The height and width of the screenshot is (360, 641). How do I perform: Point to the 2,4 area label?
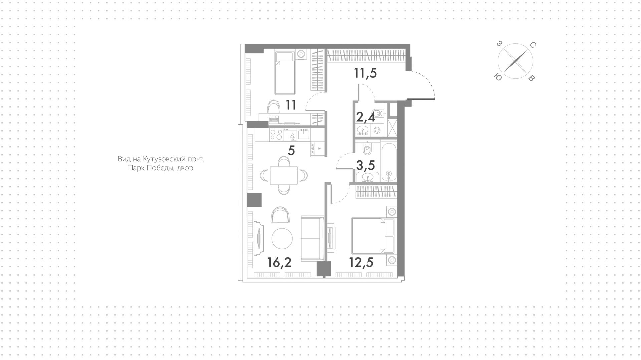click(366, 117)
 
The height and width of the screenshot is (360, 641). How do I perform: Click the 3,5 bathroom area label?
click(366, 165)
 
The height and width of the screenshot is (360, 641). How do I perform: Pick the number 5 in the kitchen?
click(291, 151)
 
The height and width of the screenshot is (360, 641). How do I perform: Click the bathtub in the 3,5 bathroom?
click(389, 162)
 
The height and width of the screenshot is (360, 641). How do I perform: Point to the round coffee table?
click(282, 239)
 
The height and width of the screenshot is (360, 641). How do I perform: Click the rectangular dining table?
click(284, 175)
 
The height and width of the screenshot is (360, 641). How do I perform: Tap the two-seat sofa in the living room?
click(312, 238)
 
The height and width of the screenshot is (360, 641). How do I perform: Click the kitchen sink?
click(303, 134)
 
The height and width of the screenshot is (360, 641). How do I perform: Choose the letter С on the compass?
click(533, 45)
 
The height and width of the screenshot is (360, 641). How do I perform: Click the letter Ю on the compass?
click(497, 77)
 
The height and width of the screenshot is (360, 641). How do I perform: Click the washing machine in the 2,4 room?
click(377, 130)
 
